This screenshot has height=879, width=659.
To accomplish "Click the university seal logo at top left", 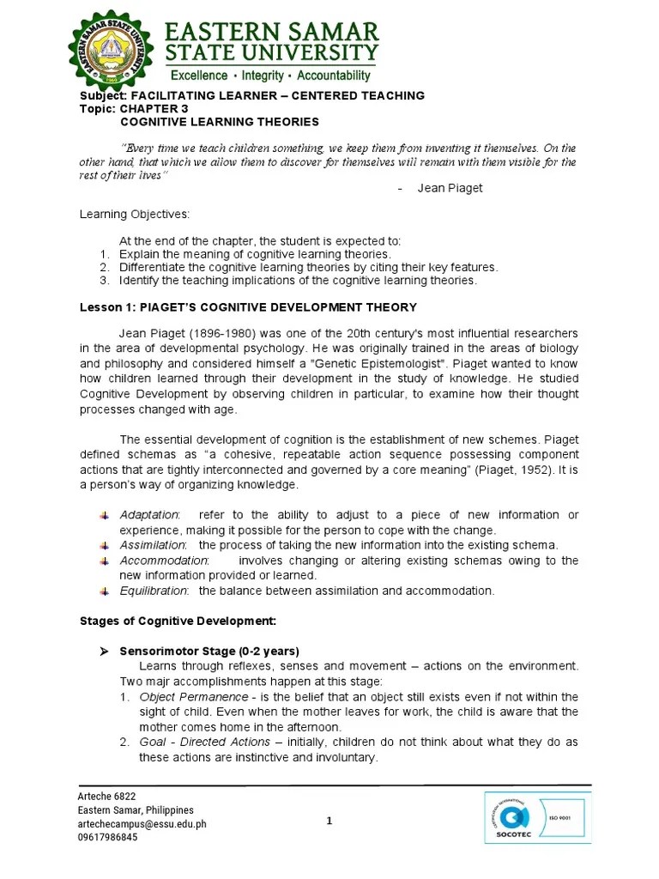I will point(114,49).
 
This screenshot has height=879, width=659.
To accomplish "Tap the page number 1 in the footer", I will point(329,821).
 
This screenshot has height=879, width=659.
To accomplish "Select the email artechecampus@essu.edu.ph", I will point(142,824).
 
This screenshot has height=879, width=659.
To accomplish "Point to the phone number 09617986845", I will point(107,838).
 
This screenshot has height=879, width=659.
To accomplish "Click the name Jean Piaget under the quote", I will point(450,188).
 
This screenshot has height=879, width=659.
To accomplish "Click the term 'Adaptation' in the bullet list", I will point(149,514).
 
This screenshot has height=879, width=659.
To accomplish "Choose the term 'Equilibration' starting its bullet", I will point(153,591).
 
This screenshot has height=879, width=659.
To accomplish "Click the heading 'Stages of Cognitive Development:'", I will point(166,620).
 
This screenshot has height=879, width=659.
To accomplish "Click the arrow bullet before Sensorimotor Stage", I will point(104,650).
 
